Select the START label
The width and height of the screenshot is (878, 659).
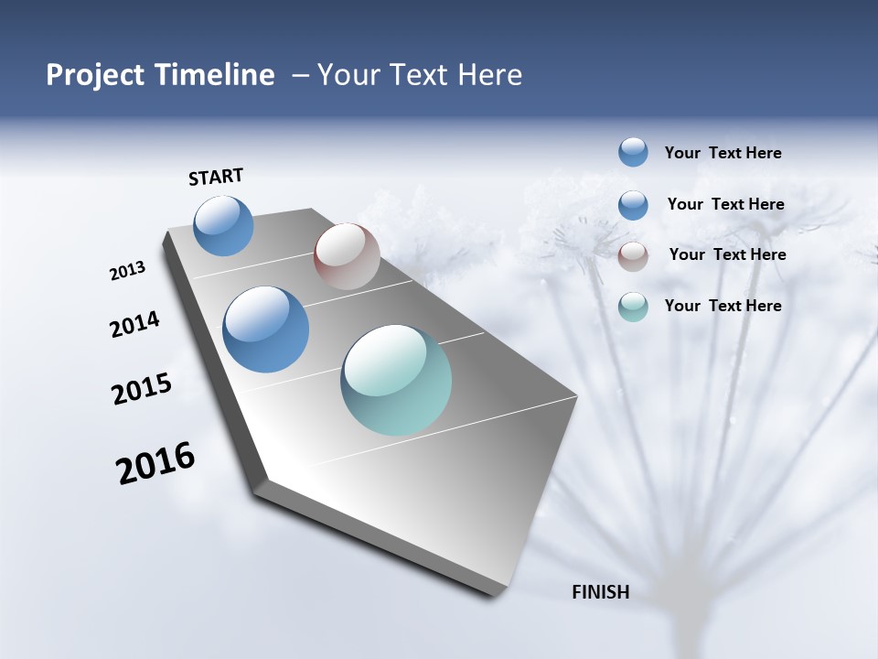coord(216,177)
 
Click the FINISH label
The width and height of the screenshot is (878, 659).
coord(600,592)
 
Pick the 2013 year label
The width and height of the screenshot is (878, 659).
coord(127,271)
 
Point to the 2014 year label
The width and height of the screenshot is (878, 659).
coord(134,324)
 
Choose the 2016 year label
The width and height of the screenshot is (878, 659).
coord(155,463)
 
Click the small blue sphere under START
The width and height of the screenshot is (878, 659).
coord(223,226)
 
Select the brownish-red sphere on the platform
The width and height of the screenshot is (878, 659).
coord(347,256)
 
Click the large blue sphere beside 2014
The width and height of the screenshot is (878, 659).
coord(265,329)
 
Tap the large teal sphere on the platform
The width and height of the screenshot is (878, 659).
coord(396,380)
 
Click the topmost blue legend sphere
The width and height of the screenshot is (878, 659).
coord(633,152)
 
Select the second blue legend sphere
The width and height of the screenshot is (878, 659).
coord(633,204)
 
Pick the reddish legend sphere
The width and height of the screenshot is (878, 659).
coord(633,255)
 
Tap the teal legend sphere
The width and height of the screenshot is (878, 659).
coord(633,306)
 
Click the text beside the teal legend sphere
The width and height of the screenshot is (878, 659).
coord(723,306)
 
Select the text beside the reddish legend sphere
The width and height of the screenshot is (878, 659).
coord(727,254)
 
